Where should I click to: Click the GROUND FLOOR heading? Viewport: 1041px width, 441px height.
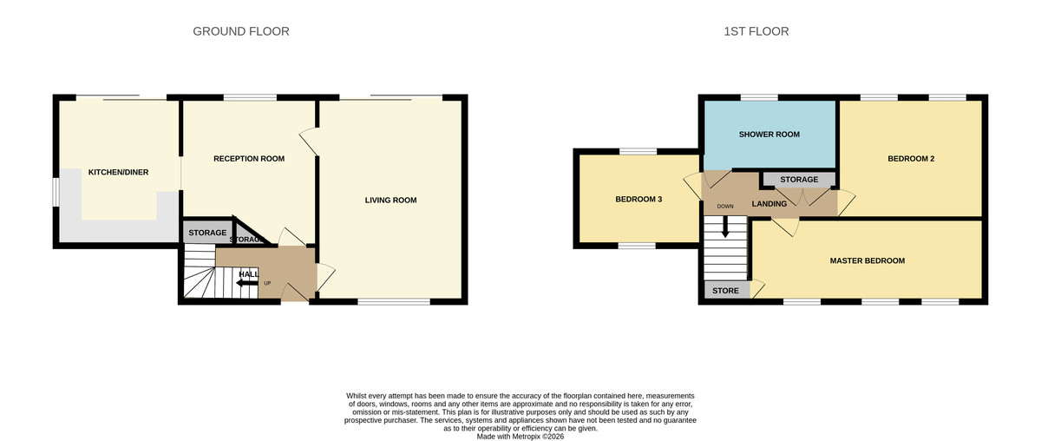[x=240, y=31]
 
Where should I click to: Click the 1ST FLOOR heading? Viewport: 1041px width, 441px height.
[x=756, y=31]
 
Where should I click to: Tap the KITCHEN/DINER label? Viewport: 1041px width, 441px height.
[x=118, y=173]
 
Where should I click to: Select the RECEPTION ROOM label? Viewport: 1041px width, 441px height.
[x=249, y=159]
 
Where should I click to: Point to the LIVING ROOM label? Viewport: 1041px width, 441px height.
[x=390, y=201]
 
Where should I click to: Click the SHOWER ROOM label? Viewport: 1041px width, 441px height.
[x=769, y=135]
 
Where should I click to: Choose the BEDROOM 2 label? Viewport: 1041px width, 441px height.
[x=910, y=159]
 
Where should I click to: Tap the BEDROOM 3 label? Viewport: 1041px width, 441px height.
[x=638, y=200]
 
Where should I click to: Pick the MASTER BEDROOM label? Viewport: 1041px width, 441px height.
[x=867, y=260]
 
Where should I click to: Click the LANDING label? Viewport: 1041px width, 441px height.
[x=769, y=204]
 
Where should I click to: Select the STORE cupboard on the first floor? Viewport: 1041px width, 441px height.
[x=726, y=291]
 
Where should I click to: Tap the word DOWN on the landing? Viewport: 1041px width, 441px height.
[x=725, y=207]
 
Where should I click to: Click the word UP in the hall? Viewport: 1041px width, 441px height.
[x=267, y=284]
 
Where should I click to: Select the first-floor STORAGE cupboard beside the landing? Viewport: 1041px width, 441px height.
[x=798, y=180]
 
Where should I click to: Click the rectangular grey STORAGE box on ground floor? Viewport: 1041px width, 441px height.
[x=207, y=233]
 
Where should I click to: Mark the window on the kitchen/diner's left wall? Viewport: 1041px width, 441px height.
[x=55, y=192]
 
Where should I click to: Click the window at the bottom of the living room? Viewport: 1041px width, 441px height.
[x=394, y=302]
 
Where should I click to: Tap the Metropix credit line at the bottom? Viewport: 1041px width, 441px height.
[x=520, y=437]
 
